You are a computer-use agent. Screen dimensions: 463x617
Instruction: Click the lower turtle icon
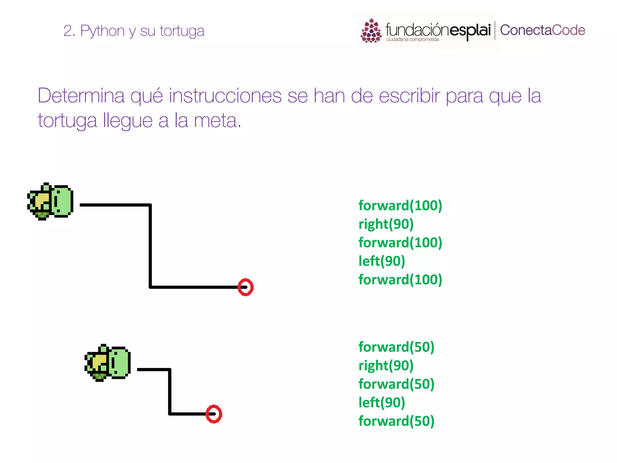point(108,363)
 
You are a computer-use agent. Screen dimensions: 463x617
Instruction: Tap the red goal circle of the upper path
point(246,287)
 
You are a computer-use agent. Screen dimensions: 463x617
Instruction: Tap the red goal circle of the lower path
point(214,414)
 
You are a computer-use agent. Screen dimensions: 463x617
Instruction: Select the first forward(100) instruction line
point(400,206)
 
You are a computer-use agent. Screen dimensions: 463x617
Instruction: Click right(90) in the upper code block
point(386,224)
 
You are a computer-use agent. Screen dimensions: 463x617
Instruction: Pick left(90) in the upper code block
point(382,261)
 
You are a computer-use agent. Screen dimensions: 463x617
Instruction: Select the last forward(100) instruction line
point(400,280)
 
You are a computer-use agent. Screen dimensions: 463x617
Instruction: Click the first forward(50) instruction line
point(396,347)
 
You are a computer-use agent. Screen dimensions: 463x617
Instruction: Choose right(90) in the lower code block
point(386,366)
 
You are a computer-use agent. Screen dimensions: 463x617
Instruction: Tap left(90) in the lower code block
point(382,403)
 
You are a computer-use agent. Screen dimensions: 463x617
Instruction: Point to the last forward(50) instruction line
point(396,421)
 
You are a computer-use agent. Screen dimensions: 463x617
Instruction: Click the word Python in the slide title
point(102,31)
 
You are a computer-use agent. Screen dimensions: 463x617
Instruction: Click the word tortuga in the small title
point(182,31)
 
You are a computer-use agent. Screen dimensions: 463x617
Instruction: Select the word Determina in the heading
point(81,96)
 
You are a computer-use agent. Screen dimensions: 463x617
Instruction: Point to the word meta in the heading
point(215,121)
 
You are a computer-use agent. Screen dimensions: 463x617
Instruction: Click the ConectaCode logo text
point(542,30)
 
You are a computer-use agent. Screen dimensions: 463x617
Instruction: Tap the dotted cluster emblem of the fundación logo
point(371,31)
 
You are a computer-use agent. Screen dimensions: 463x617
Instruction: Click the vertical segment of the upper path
point(150,246)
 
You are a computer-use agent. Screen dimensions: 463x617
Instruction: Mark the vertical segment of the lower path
point(170,391)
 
